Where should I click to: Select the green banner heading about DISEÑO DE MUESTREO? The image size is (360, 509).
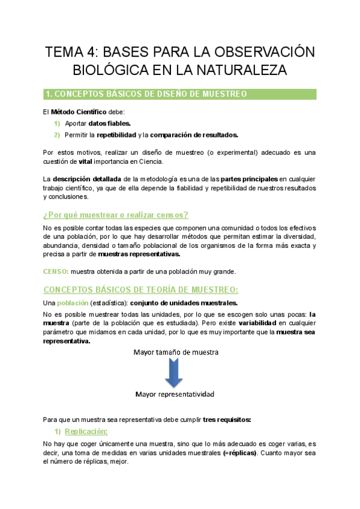[x=146, y=94]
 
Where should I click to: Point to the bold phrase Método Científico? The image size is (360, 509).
[x=79, y=112]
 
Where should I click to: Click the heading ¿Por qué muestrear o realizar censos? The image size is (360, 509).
[x=116, y=215]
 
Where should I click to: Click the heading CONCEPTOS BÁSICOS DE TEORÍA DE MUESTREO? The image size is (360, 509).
[x=141, y=289]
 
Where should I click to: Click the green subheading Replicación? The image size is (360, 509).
[x=86, y=432]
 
